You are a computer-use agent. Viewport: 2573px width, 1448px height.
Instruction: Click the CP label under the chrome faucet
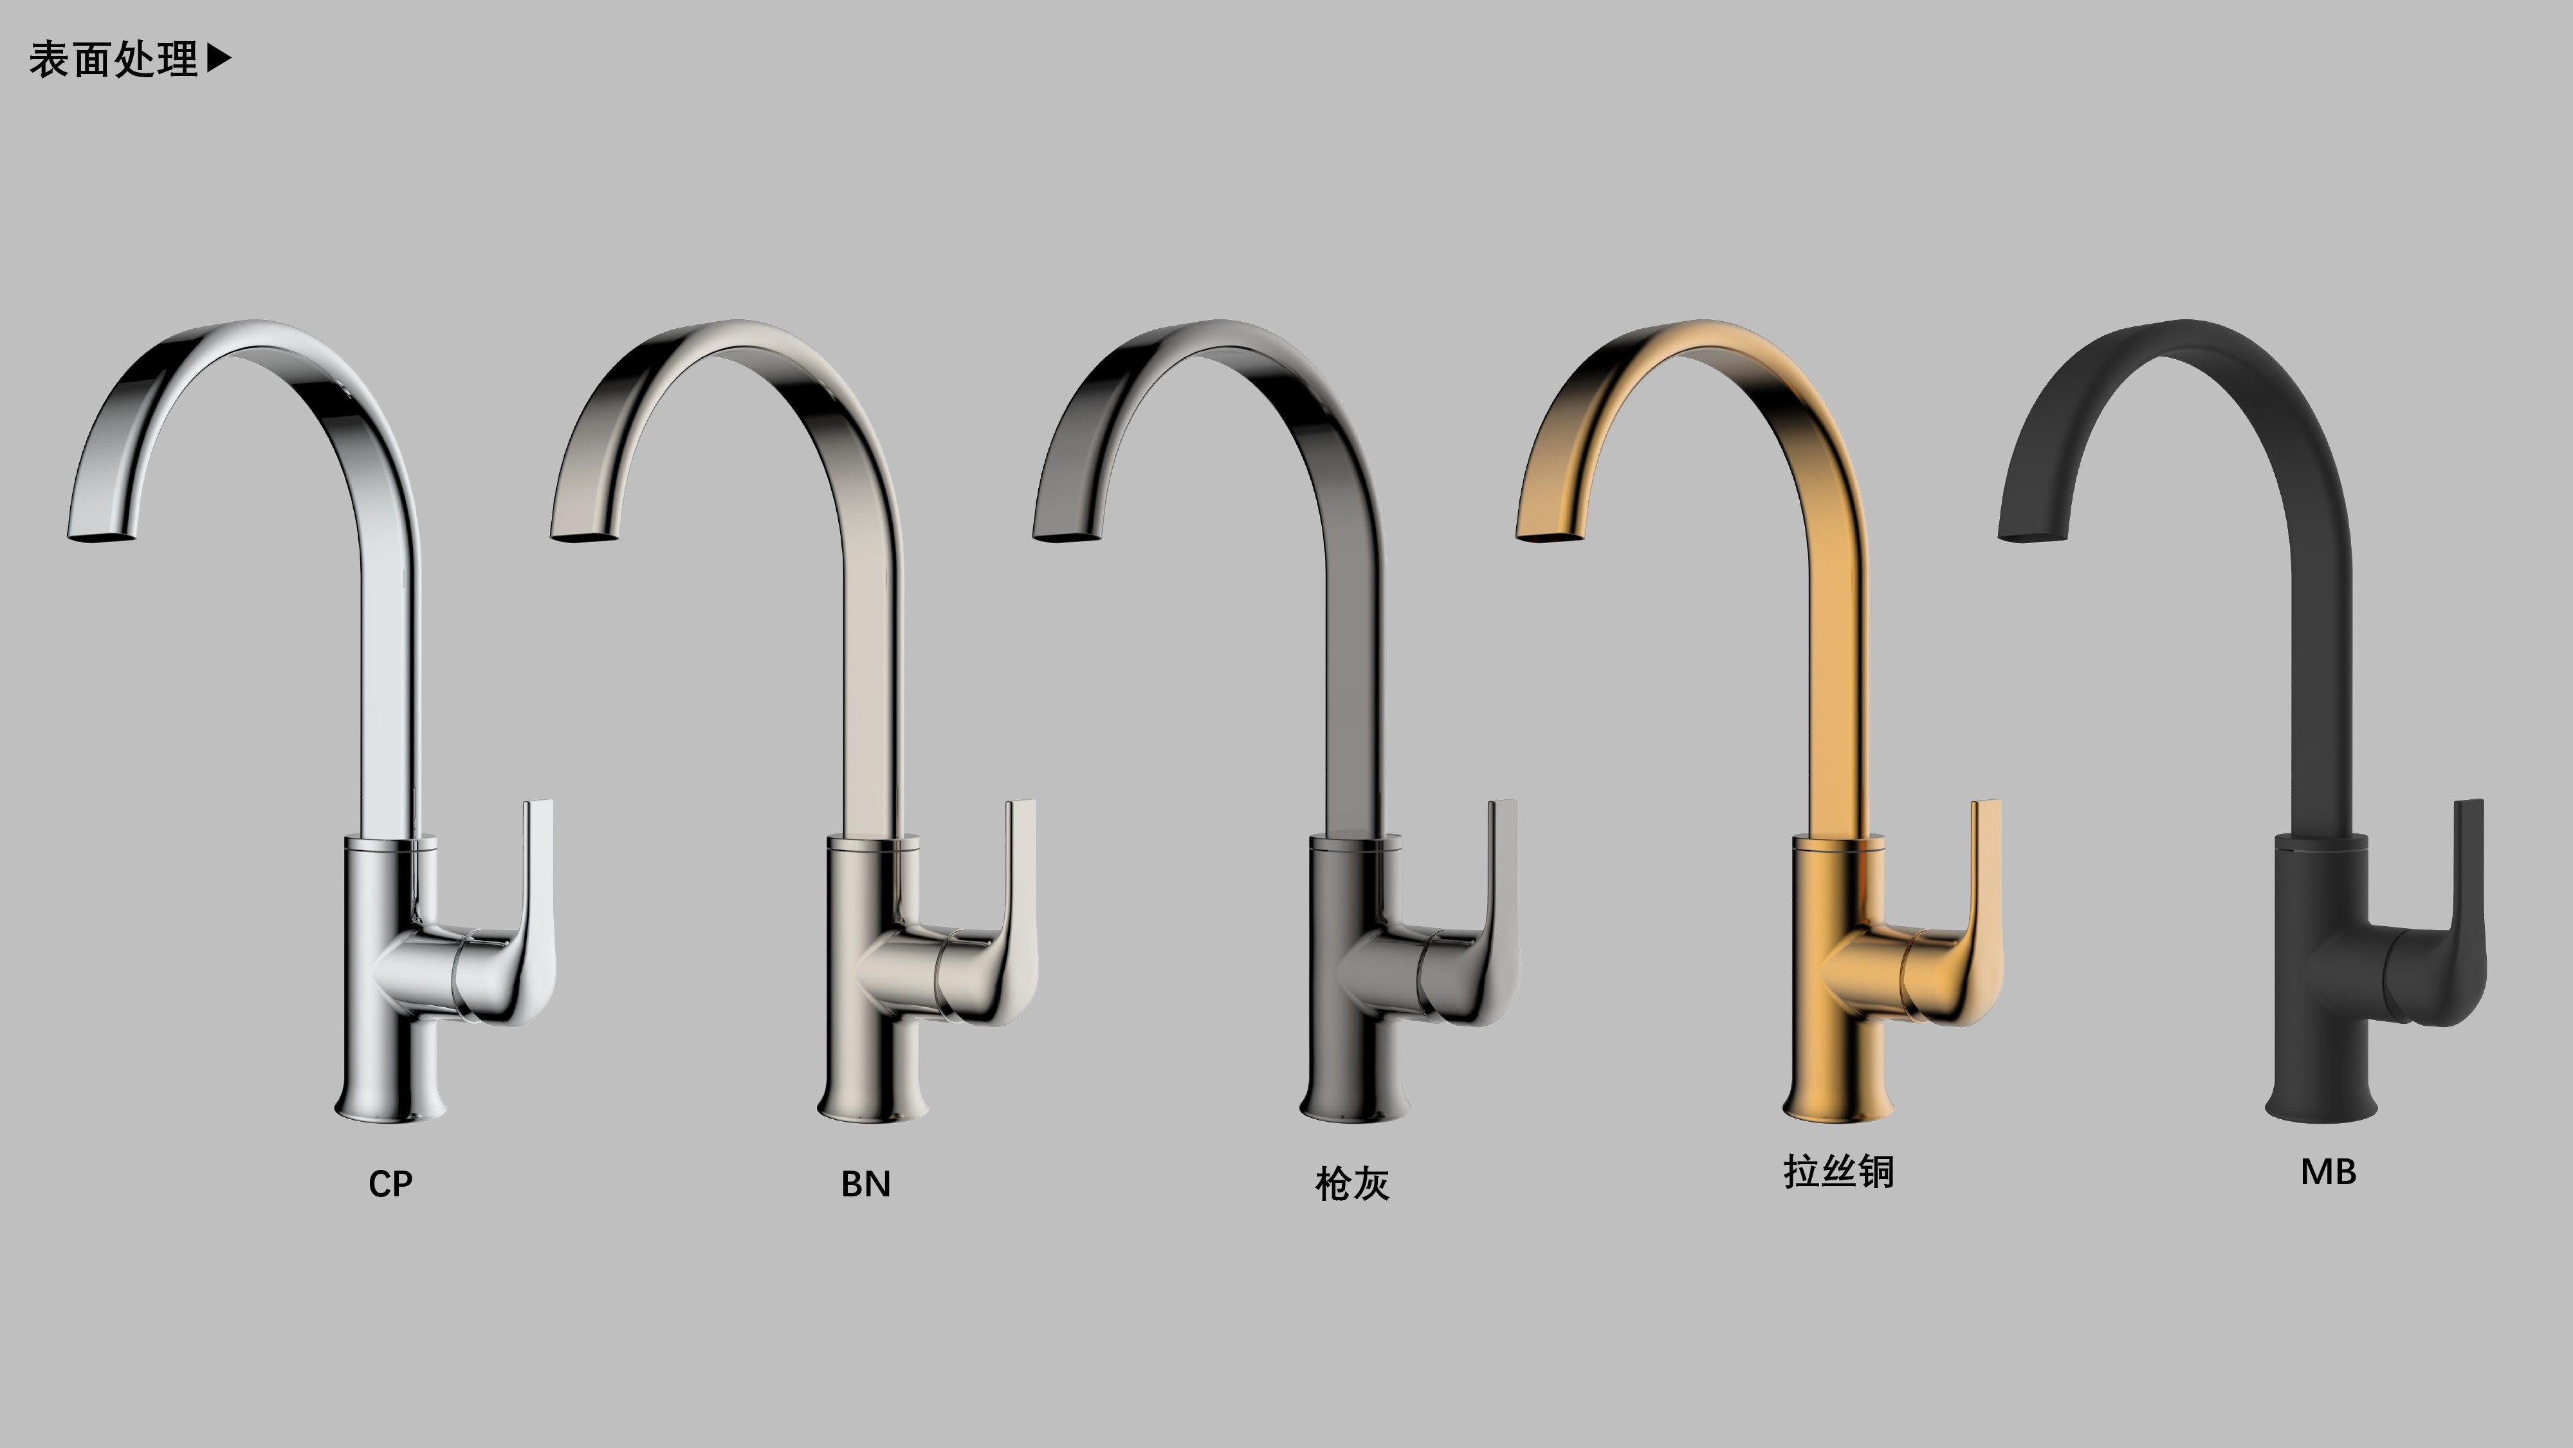click(x=390, y=1184)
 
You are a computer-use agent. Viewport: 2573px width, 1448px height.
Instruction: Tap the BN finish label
click(x=866, y=1184)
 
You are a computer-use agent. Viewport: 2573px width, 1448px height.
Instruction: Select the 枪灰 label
click(x=1352, y=1184)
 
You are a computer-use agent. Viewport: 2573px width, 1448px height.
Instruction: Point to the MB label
click(x=2329, y=1172)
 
